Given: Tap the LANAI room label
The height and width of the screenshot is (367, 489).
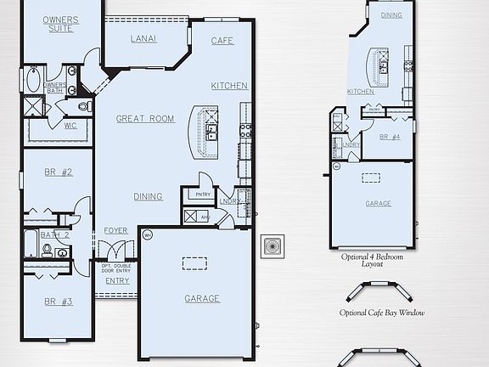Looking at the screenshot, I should tap(143, 39).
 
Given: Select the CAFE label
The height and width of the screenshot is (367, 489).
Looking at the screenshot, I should tap(222, 41).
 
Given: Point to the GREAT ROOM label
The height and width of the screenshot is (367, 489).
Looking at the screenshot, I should tap(145, 119).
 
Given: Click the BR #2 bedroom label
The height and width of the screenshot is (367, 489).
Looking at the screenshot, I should tap(58, 172).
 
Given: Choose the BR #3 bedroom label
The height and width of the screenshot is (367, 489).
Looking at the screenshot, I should tap(58, 302).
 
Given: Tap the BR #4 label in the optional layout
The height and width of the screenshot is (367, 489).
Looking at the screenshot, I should tap(389, 137).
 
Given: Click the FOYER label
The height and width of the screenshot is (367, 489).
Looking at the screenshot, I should tap(115, 231).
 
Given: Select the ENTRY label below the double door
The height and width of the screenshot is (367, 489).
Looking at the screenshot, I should tap(117, 281).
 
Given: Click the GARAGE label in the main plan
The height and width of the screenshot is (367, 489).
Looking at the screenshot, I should tap(202, 298).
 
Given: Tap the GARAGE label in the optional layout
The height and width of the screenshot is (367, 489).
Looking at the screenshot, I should tap(379, 204).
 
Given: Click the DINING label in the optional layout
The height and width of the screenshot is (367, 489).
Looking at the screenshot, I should tap(391, 15).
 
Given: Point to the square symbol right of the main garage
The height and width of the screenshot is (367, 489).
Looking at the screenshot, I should tap(273, 246).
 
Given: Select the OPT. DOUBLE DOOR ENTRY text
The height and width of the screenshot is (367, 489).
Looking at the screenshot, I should tap(117, 268).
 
